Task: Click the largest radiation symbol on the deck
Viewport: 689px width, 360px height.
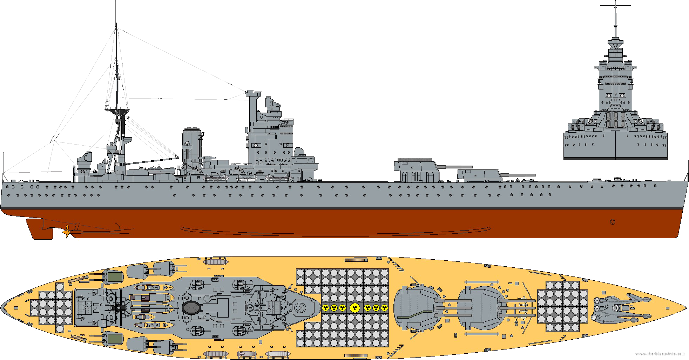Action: [x=355, y=308]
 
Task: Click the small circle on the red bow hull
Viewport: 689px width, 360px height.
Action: [x=613, y=222]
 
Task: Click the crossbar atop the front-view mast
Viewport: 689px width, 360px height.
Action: [x=615, y=6]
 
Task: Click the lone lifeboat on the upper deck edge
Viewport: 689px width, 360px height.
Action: [x=215, y=261]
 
